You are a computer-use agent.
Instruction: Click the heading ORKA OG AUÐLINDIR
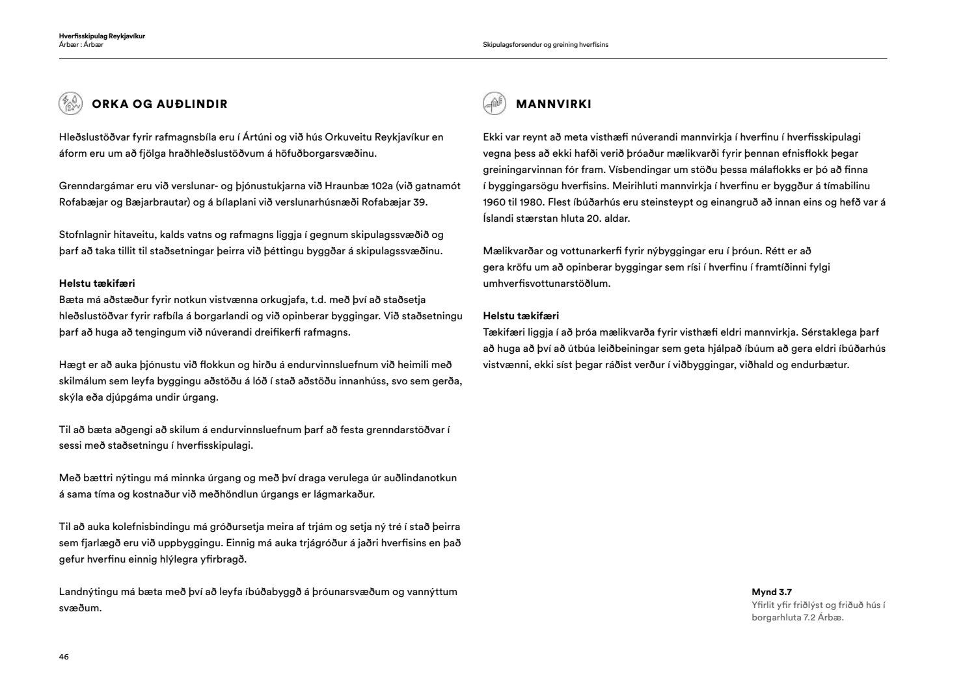tap(159, 104)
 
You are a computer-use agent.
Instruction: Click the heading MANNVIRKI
tap(553, 104)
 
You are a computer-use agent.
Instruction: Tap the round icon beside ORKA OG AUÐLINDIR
tap(70, 103)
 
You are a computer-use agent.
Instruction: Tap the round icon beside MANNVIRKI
tap(494, 103)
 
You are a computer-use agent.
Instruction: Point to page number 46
tap(64, 657)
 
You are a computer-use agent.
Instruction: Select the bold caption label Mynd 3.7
tap(772, 592)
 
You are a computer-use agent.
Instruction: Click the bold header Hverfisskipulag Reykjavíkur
tap(102, 36)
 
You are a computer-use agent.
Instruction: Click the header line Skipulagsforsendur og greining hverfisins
tap(545, 45)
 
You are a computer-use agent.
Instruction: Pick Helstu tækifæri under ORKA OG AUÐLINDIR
tap(97, 284)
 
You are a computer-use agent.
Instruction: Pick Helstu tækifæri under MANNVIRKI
tap(521, 316)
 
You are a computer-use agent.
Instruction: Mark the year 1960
tap(495, 202)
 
